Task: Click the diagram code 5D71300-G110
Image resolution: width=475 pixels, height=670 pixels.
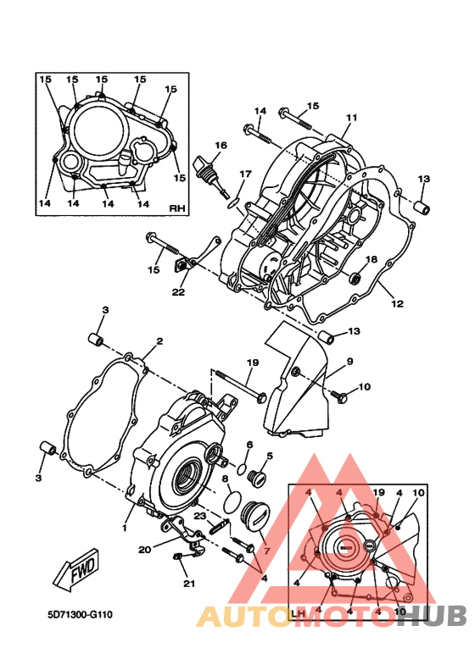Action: tap(80, 615)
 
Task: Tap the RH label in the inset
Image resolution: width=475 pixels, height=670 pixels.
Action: tap(177, 208)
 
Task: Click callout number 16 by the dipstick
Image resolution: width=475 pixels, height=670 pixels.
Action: tap(221, 146)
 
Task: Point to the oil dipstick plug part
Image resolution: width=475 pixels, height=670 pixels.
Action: tap(211, 176)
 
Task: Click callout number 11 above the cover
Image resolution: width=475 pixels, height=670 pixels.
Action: tap(351, 118)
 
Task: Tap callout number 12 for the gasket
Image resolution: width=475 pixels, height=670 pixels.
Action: tap(398, 304)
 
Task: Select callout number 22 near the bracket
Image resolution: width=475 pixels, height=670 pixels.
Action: tap(178, 292)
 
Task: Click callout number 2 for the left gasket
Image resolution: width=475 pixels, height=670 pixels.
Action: tap(159, 341)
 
